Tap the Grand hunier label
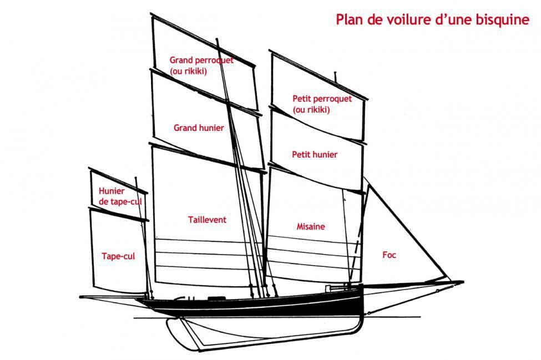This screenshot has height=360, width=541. point(199,128)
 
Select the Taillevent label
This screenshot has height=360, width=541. point(207,220)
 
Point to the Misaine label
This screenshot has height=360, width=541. point(311,226)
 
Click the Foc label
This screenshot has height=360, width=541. point(389,255)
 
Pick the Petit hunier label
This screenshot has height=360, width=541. point(315,154)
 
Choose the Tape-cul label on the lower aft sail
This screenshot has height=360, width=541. point(118,256)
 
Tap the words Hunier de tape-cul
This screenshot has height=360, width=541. point(120,196)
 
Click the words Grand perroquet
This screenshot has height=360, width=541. point(201,60)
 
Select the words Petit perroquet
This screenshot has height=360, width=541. point(322,99)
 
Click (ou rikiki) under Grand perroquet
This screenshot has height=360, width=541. point(189,72)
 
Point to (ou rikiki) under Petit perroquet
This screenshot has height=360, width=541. point(311,110)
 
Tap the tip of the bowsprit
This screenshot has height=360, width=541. point(463,282)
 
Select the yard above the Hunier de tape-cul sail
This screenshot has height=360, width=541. point(118,181)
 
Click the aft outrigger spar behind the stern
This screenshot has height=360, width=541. point(114,297)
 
